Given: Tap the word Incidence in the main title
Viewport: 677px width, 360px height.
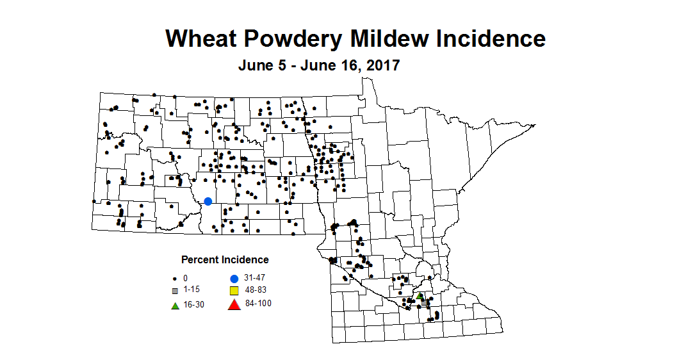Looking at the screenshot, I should [492, 38].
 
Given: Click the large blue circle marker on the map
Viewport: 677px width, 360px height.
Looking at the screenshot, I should [208, 201].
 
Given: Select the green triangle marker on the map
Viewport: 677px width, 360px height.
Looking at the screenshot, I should [420, 296].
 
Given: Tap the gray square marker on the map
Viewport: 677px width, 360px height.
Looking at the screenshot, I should [424, 302].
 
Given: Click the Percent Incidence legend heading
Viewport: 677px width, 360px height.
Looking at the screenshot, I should [225, 260].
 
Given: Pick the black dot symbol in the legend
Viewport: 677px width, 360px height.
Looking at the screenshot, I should [175, 279].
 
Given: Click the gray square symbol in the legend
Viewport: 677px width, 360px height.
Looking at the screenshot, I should [175, 291].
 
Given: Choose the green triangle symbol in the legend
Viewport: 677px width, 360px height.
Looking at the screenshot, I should [175, 305].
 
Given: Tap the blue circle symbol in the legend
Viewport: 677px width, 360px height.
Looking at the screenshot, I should [234, 279].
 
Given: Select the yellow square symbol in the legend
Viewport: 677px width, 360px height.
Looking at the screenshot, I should [234, 291].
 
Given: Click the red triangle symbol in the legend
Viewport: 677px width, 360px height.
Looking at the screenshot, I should [234, 304].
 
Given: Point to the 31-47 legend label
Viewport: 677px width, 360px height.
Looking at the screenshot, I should [255, 278].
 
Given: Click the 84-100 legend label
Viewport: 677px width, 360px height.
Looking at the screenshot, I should [258, 304].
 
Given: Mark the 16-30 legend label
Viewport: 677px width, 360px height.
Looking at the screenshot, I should [194, 305].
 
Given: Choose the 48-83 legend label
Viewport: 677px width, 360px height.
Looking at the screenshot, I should [256, 290].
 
